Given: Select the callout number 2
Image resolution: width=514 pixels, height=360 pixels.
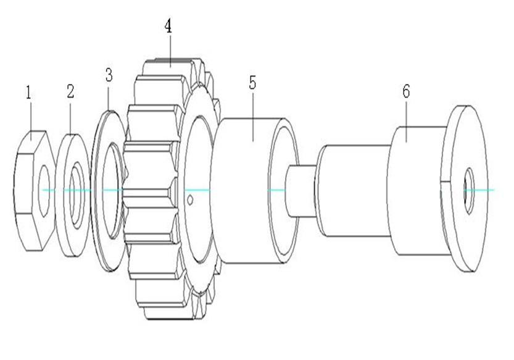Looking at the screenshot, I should (x=70, y=91).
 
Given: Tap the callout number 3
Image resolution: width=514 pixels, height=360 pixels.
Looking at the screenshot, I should (x=109, y=76).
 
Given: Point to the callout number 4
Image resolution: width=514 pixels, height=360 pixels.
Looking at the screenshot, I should (x=167, y=27).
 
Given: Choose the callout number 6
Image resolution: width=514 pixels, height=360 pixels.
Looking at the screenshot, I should (x=405, y=92).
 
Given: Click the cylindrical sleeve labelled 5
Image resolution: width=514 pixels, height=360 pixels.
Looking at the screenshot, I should (x=247, y=185).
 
